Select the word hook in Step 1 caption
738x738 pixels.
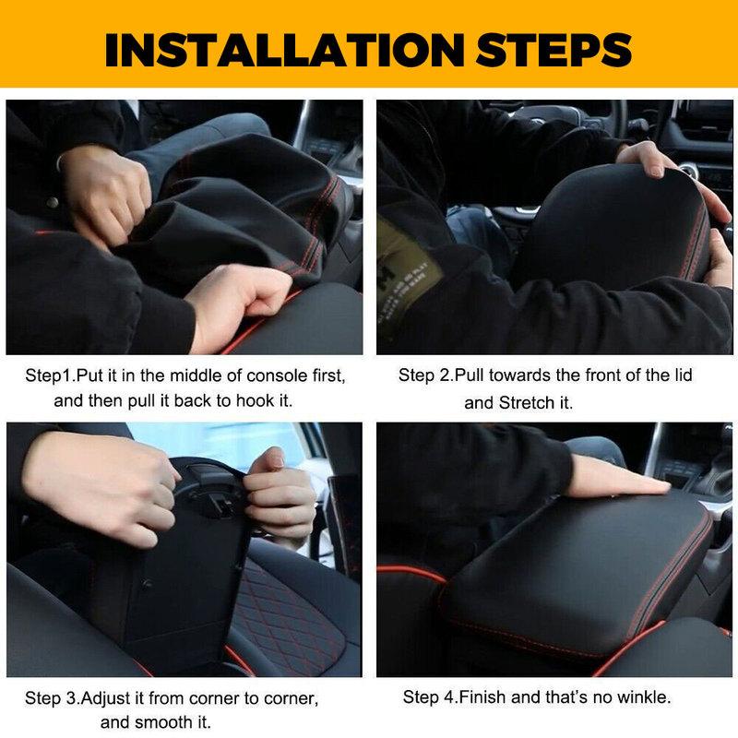coord(273,400)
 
